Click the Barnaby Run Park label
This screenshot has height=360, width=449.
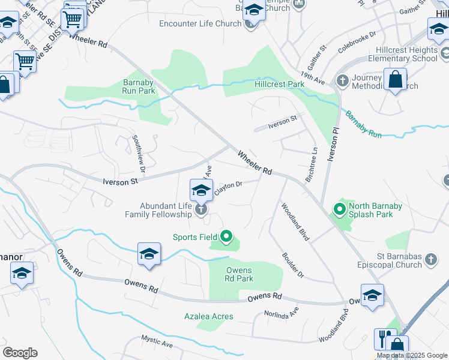(139, 86)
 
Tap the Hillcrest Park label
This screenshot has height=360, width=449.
(279, 85)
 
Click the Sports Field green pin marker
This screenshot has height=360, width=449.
(226, 237)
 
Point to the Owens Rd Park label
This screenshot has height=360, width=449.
(240, 274)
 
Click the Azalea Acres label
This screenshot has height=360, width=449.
(209, 316)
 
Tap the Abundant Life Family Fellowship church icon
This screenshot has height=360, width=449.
(201, 209)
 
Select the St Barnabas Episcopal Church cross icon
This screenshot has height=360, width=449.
(430, 260)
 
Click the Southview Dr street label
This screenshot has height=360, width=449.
(139, 150)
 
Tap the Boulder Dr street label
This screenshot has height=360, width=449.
(293, 264)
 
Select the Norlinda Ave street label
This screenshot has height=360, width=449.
(282, 313)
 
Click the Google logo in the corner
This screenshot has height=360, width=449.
(20, 353)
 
